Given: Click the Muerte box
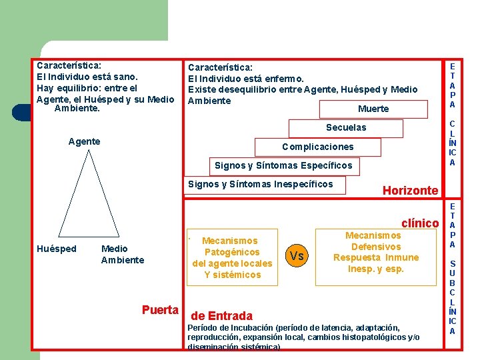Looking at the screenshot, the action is point(373,109).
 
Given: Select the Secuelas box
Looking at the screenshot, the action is point(345,127).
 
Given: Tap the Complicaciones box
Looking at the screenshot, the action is point(318,147).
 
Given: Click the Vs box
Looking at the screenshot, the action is point(297,256).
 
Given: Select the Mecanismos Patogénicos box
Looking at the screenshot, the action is point(232,257).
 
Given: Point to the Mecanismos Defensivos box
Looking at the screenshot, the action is point(376,252).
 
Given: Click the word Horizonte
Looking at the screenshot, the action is point(410,191).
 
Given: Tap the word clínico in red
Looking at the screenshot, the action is point(420,223).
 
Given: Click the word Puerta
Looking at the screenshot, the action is point(160,310).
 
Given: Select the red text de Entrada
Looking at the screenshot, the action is point(222,316).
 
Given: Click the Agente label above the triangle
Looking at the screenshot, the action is point(85,141).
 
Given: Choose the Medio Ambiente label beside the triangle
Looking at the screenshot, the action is point(122,255).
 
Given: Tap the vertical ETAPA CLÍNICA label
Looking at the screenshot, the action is point(452,113).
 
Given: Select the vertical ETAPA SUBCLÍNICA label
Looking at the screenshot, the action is point(452,267).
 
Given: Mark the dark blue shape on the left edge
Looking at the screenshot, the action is point(21,113).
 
